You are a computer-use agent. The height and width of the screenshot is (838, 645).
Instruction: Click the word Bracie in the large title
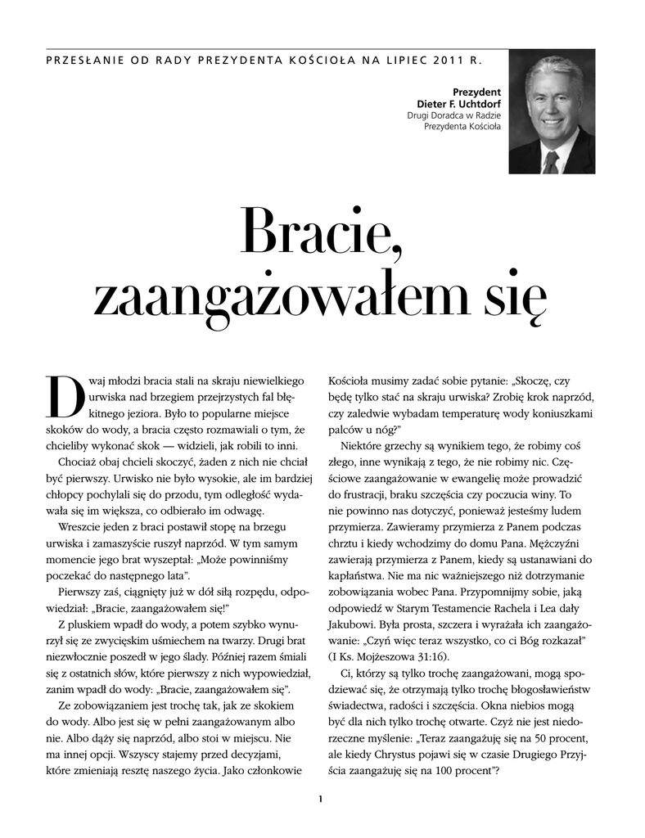tap(322, 232)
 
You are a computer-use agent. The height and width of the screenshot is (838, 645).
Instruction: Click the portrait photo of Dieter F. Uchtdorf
tap(551, 112)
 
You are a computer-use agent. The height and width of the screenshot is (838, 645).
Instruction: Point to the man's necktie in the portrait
tap(550, 161)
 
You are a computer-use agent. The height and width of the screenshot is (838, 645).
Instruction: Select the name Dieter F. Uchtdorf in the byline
tap(459, 104)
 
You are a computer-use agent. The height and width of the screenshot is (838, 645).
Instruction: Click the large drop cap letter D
tap(61, 397)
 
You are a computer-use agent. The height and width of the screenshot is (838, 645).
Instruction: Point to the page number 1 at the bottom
tap(322, 799)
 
